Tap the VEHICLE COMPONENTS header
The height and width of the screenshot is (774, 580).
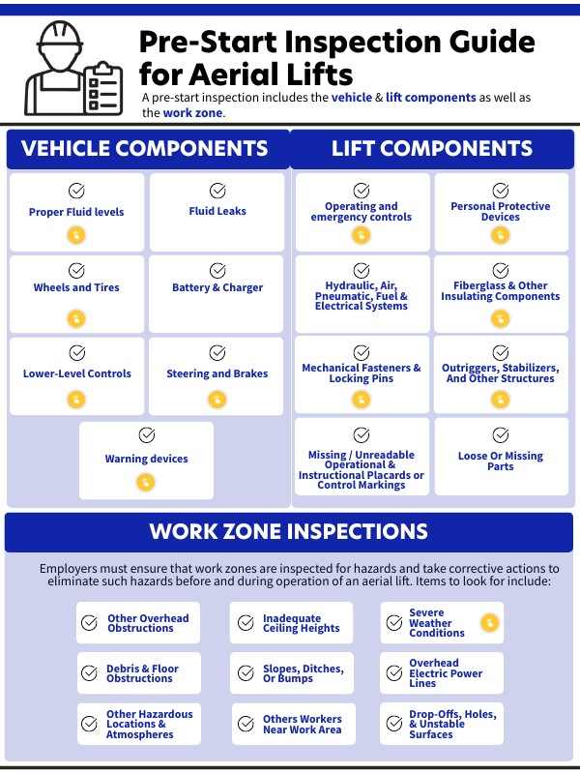tap(145, 149)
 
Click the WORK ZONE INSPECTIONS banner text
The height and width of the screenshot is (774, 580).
tap(288, 532)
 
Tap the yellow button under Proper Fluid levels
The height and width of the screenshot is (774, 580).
tap(76, 235)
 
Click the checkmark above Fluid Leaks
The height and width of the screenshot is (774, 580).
tap(217, 191)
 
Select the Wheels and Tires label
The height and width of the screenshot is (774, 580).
tap(76, 287)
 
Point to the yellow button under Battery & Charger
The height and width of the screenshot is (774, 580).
tap(217, 317)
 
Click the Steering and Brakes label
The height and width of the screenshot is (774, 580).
tap(217, 373)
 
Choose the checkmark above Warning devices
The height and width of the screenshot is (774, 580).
tap(147, 435)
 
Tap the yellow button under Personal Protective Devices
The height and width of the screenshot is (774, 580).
tap(501, 235)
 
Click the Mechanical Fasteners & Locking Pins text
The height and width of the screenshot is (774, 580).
tap(362, 373)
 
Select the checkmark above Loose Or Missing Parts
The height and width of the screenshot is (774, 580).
tap(501, 435)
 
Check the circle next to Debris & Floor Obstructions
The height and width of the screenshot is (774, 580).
tap(90, 673)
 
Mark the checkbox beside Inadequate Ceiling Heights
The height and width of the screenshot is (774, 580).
tap(244, 623)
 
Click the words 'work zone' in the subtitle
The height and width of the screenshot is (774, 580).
tap(191, 113)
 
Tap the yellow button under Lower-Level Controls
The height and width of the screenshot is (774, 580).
tap(76, 399)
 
